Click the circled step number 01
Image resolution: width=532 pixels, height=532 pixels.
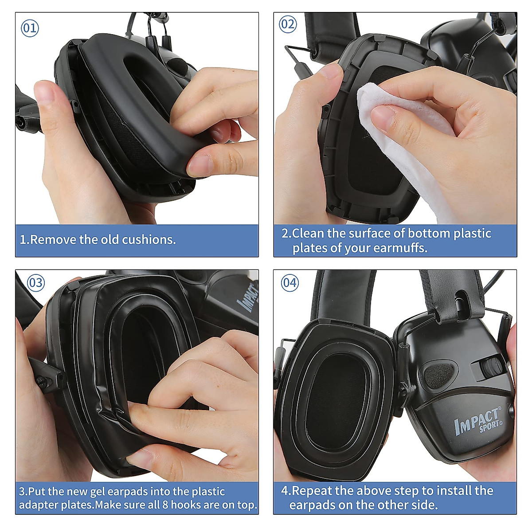(30, 28)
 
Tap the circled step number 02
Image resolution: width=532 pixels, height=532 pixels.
(288, 24)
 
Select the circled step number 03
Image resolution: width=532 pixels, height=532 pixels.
(36, 283)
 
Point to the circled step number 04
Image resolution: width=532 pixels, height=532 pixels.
(290, 282)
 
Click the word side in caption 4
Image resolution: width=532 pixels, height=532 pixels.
(424, 505)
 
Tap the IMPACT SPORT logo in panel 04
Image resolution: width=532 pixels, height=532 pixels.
(478, 421)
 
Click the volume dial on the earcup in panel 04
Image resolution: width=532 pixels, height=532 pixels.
(488, 368)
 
